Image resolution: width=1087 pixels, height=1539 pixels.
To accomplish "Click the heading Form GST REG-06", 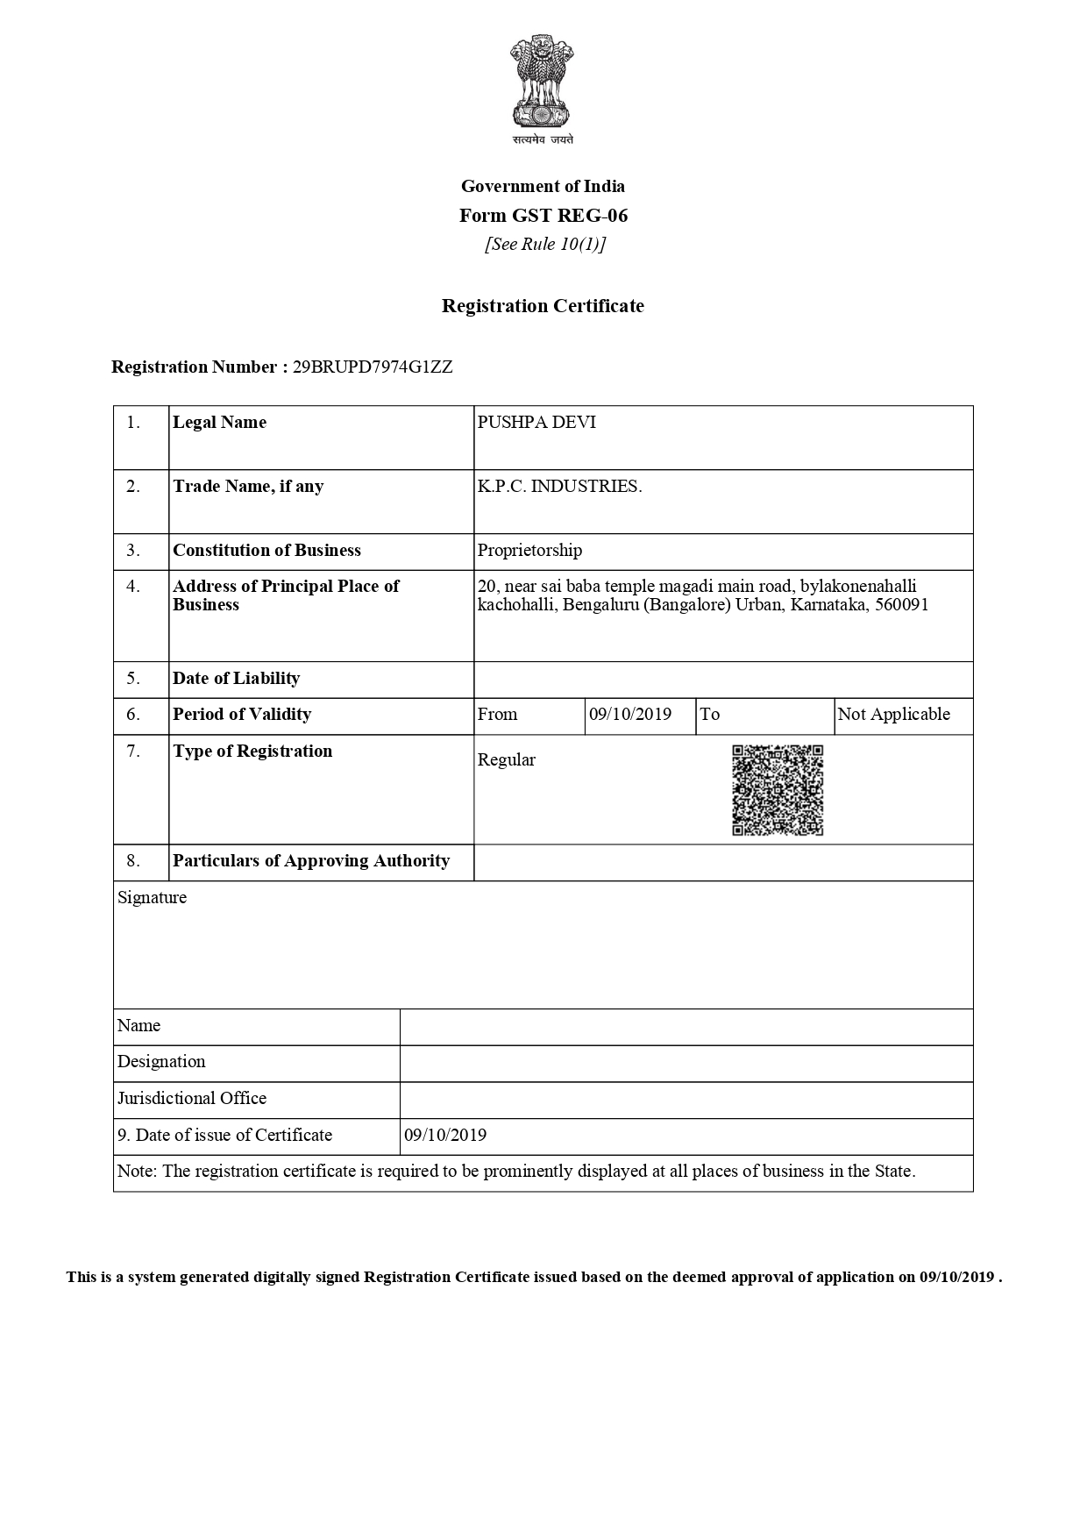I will point(543,216).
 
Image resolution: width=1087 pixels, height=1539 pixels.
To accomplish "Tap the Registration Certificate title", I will point(543,306).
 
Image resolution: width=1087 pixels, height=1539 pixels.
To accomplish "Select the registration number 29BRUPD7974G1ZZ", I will point(373,367).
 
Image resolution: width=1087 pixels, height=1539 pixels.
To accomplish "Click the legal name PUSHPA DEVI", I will point(536,423).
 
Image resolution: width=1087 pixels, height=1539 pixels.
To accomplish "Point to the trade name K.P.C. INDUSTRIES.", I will point(559,487).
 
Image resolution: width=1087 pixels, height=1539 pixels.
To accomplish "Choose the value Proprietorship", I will point(529,551).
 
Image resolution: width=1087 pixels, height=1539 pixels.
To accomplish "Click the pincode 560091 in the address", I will point(902,605).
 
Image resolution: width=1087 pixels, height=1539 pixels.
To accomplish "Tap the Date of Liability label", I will point(236,679).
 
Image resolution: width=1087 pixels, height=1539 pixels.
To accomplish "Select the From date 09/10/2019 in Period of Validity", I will point(630,715).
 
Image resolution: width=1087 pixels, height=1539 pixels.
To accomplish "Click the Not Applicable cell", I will point(893,715).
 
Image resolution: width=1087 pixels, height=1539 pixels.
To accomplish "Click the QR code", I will point(778,790).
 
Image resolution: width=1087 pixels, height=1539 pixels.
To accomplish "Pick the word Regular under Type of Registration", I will point(506,760).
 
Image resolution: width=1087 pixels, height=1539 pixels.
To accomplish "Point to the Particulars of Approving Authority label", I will point(311,861).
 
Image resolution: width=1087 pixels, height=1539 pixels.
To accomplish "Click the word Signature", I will point(152,898).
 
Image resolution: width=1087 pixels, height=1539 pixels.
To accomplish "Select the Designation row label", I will point(161,1062).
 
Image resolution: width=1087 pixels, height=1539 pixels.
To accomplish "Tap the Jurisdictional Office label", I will point(192,1099).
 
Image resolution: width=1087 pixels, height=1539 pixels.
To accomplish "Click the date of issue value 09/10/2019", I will point(445,1136).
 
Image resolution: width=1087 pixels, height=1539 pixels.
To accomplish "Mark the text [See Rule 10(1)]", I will point(544,245).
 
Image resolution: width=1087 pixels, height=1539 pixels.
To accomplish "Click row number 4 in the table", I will point(133,587).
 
